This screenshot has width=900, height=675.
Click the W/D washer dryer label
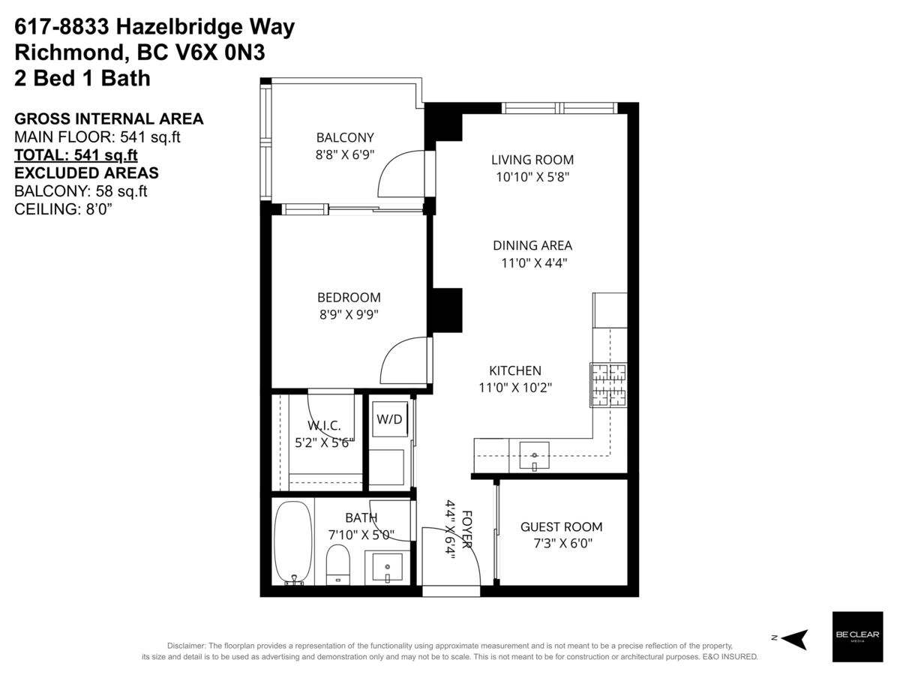[x=388, y=420]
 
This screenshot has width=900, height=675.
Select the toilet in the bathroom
[x=338, y=563]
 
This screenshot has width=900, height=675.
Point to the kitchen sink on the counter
[x=534, y=455]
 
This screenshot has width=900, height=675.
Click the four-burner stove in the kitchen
[x=607, y=385]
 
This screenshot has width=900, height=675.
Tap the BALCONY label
[x=345, y=137]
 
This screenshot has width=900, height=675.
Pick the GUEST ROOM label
[x=561, y=527]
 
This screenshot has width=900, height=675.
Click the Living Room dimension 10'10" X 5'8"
[x=532, y=177]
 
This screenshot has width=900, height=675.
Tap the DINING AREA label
[x=532, y=245]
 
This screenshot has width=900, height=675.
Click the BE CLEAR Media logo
[x=857, y=637]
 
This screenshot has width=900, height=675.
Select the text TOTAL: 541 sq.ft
[x=76, y=155]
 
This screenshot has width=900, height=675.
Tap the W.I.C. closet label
[x=324, y=426]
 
